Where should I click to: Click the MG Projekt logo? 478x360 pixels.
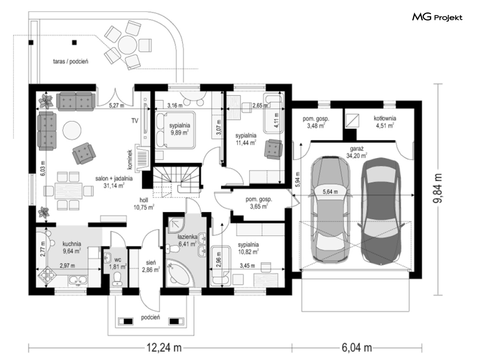(x=437, y=17)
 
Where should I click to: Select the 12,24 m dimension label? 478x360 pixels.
(x=164, y=348)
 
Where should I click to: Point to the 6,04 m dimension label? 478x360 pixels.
(x=356, y=348)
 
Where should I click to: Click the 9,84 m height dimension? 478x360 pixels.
(x=439, y=189)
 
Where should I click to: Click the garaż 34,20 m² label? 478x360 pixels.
(x=356, y=152)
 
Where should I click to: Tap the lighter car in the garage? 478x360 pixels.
(x=330, y=209)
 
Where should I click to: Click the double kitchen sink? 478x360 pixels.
(x=78, y=280)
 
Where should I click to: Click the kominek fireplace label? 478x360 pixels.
(x=130, y=160)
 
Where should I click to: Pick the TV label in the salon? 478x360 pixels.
(x=135, y=121)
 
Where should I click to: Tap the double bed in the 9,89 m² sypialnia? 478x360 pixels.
(x=175, y=130)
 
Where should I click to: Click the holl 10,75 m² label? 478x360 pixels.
(x=144, y=203)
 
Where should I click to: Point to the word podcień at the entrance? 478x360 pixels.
(x=150, y=318)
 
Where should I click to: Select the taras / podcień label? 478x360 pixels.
(x=71, y=62)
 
